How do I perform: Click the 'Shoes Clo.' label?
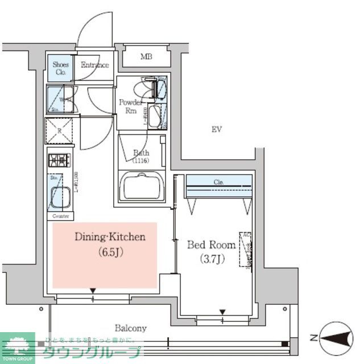pyautogui.click(x=61, y=68)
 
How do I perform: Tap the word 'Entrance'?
pyautogui.click(x=94, y=65)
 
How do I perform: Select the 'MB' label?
pyautogui.click(x=147, y=57)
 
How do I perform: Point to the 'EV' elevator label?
pyautogui.click(x=216, y=130)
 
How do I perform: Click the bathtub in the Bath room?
pyautogui.click(x=142, y=186)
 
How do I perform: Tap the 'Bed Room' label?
pyautogui.click(x=212, y=245)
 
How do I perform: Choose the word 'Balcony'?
pyautogui.click(x=131, y=328)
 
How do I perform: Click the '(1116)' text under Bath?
pyautogui.click(x=140, y=161)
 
